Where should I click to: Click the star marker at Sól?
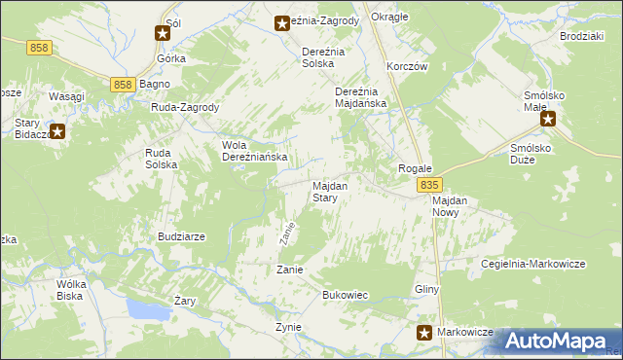pyautogui.click(x=163, y=33)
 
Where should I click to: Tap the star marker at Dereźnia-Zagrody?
pyautogui.click(x=282, y=21)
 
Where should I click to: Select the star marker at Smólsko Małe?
pyautogui.click(x=547, y=120)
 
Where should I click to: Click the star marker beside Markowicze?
pyautogui.click(x=424, y=333)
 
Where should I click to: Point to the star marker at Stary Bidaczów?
pyautogui.click(x=56, y=131)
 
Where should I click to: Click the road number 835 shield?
pyautogui.click(x=429, y=184)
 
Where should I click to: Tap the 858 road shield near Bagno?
pyautogui.click(x=122, y=85)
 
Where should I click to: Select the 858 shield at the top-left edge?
pyautogui.click(x=40, y=48)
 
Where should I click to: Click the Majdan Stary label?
pyautogui.click(x=324, y=192)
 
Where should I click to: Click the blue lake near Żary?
pyautogui.click(x=147, y=310)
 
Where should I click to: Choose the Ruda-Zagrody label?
pyautogui.click(x=185, y=108)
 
